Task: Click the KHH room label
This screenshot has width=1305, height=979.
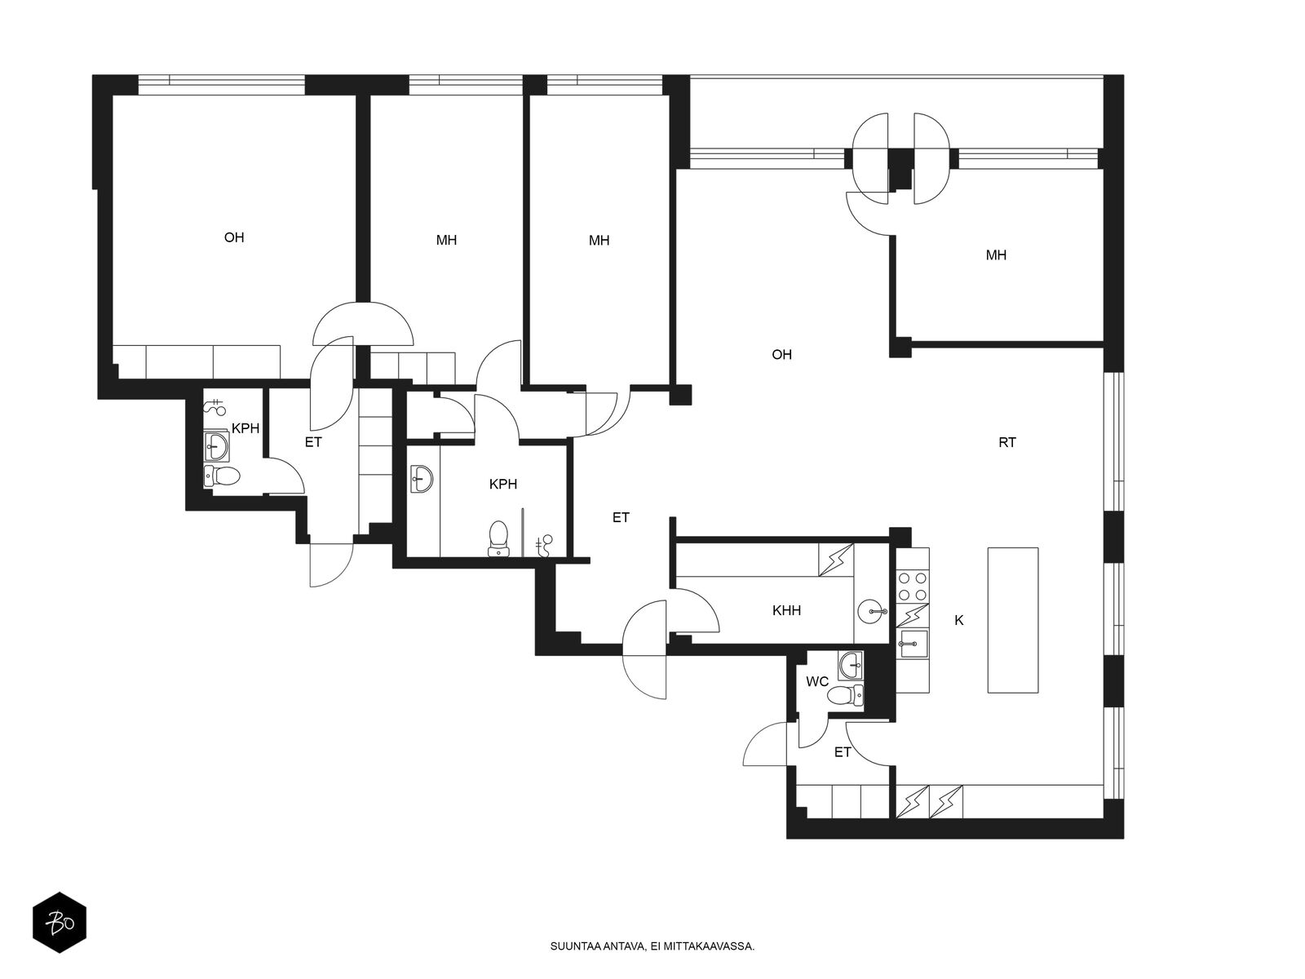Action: pos(786,610)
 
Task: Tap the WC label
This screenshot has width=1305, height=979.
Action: pos(817,682)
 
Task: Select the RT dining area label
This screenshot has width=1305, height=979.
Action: pos(1007,442)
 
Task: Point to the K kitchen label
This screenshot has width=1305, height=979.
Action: pos(958,621)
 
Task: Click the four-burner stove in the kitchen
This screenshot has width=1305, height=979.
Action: pos(913,586)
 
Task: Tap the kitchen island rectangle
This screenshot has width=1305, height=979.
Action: pos(1013,620)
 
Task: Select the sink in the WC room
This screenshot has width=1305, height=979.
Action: pos(851,665)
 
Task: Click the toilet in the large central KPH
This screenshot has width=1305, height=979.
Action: pos(498,538)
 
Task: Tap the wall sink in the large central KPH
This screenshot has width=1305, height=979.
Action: pos(422,479)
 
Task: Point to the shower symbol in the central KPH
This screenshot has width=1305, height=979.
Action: pos(544,545)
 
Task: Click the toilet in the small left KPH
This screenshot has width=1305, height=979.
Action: pos(222,476)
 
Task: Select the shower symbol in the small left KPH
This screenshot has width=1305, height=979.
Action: pos(215,406)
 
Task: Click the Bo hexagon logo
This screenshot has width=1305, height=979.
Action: pos(60,923)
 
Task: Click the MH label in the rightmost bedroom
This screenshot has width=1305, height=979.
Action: pos(996,255)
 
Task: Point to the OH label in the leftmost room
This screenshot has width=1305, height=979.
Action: pos(233,237)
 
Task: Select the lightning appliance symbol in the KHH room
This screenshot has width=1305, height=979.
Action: pos(836,560)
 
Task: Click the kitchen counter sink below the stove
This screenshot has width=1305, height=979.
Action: pos(912,643)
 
